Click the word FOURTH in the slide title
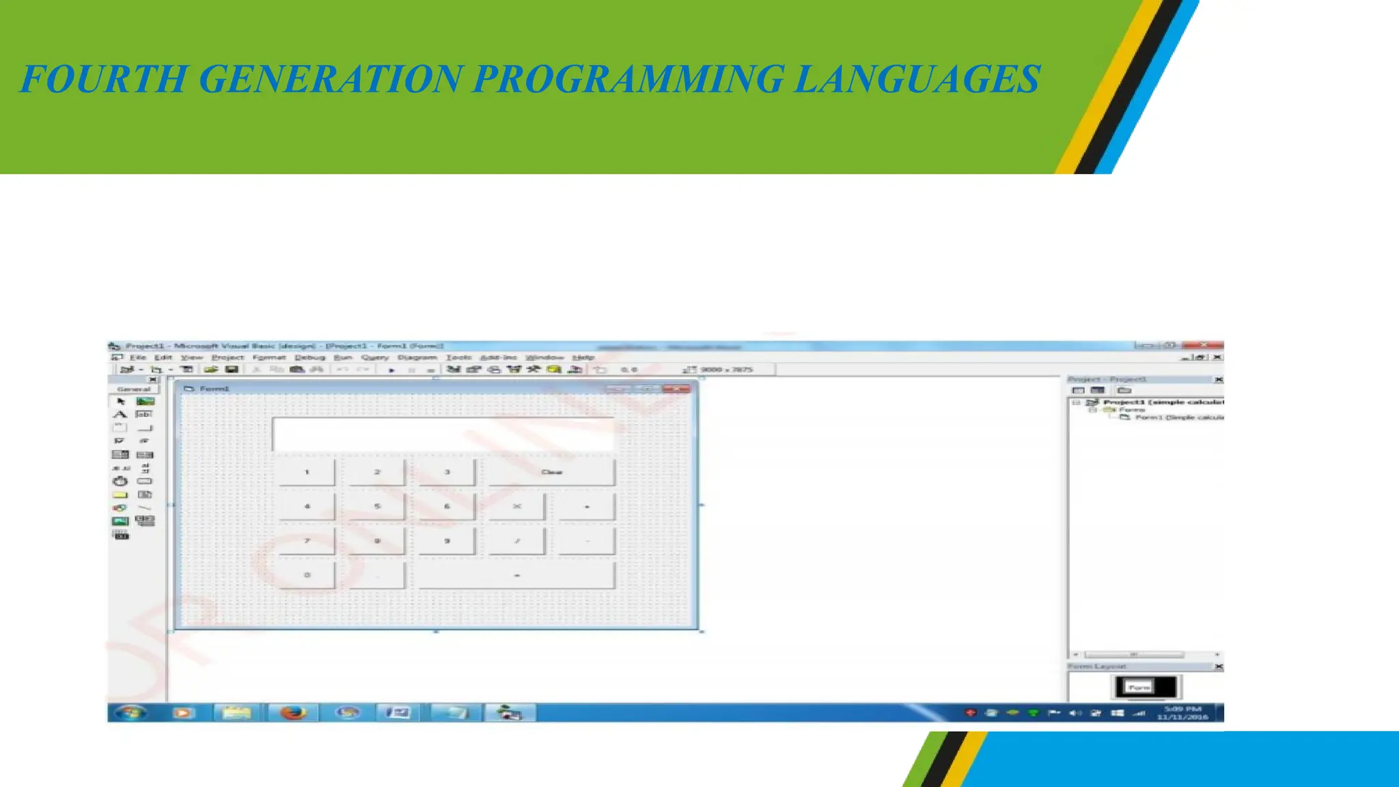[x=102, y=79]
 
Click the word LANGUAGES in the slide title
[x=917, y=79]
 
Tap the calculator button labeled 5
[x=376, y=506]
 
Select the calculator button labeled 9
[x=447, y=540]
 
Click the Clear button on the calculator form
[x=551, y=472]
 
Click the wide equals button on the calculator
[x=516, y=575]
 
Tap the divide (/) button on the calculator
[x=516, y=540]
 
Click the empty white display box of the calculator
[x=443, y=434]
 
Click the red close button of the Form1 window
[x=676, y=389]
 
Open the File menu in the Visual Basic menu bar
[x=138, y=357]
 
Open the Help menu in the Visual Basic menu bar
[x=583, y=357]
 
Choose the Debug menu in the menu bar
[x=309, y=357]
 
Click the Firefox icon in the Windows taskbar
[x=293, y=713]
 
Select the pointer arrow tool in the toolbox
[x=121, y=402]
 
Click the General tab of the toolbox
[x=133, y=389]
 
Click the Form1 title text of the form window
[x=214, y=389]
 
